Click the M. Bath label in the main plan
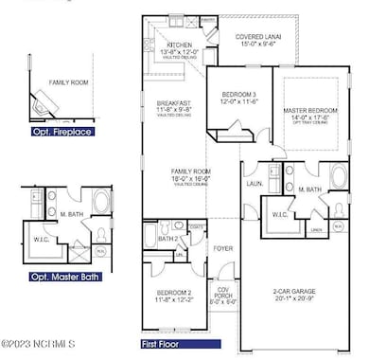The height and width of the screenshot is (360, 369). (310, 190)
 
